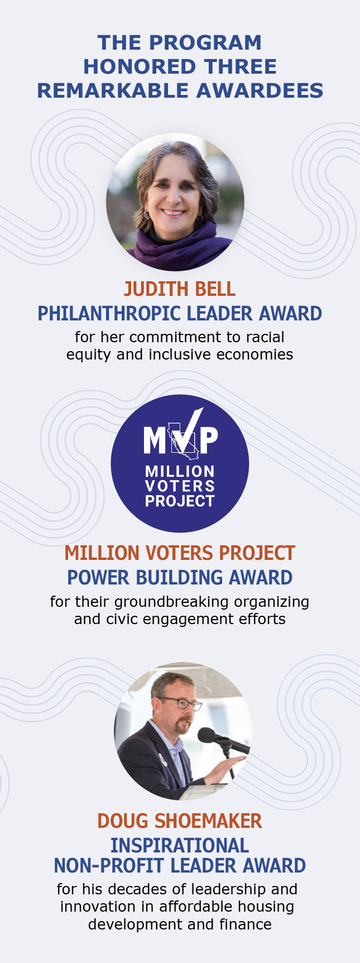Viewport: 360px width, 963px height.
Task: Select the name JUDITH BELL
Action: tap(180, 289)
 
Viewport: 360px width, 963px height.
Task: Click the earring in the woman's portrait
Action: tap(147, 214)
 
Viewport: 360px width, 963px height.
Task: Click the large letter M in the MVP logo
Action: tap(155, 440)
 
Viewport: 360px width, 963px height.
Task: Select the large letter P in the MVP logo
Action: tap(208, 440)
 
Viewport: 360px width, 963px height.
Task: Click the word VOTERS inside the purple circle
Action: tap(180, 486)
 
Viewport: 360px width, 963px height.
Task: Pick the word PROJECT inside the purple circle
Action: tap(180, 501)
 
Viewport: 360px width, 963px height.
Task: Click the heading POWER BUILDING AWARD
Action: tap(180, 577)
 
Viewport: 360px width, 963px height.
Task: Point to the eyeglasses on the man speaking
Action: tap(181, 703)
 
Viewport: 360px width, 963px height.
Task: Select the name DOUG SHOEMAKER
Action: tap(180, 821)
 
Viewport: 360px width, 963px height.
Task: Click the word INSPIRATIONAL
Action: tap(180, 845)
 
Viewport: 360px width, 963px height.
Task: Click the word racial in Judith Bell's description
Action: tap(265, 337)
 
